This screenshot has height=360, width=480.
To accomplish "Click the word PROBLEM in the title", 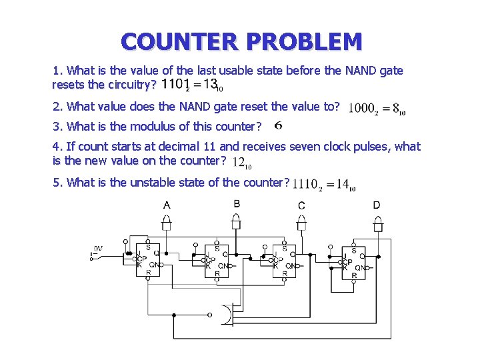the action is (305, 42).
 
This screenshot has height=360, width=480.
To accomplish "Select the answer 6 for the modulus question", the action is (278, 125).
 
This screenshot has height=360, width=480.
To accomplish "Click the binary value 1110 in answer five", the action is (305, 185).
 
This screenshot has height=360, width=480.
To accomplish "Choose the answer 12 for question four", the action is (241, 162).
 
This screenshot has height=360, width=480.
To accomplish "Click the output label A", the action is (167, 205).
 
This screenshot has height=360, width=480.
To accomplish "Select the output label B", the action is (237, 203).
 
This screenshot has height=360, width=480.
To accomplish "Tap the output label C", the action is (301, 205).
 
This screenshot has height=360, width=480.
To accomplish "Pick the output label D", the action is (377, 205).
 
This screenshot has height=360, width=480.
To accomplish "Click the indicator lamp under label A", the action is (167, 225).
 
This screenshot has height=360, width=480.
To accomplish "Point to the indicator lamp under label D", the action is (377, 225).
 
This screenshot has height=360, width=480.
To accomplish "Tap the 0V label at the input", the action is (98, 248).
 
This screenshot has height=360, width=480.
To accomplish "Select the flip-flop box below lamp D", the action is (354, 263).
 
